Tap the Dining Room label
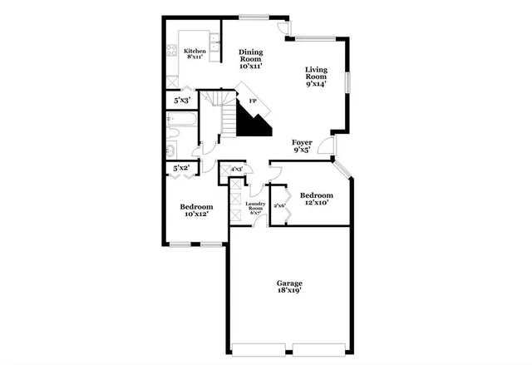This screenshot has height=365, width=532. click(x=251, y=58)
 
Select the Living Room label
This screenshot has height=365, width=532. click(x=316, y=76)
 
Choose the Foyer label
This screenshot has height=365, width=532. click(x=302, y=146)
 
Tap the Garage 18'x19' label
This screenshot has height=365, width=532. click(x=288, y=287)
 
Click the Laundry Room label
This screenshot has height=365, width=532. click(x=255, y=208)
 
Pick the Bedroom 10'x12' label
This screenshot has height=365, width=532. click(x=196, y=210)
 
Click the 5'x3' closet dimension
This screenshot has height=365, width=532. click(x=181, y=101)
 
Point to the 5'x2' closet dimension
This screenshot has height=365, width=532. click(x=181, y=169)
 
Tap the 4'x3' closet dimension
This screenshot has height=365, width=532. click(x=236, y=170)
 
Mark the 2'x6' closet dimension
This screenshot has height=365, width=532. click(x=279, y=205)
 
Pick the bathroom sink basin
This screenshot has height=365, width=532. click(x=169, y=150)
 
